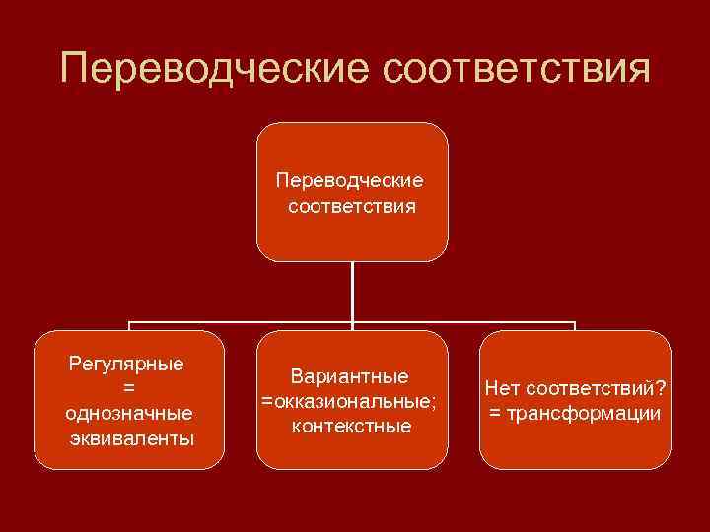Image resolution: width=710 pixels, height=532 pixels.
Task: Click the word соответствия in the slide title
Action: pos(514,70)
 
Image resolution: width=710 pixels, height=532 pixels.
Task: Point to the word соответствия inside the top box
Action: pos(351,207)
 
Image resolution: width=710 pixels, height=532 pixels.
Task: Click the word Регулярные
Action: pos(127,364)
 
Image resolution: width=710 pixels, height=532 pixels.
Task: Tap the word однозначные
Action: pos(128,413)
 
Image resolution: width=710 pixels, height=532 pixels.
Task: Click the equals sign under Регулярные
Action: pos(128,388)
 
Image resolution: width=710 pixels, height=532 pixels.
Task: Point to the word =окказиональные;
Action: pos(350,402)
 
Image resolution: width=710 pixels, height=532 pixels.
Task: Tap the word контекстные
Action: pos(351,426)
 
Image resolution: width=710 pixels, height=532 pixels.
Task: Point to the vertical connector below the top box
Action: pos(352,291)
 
